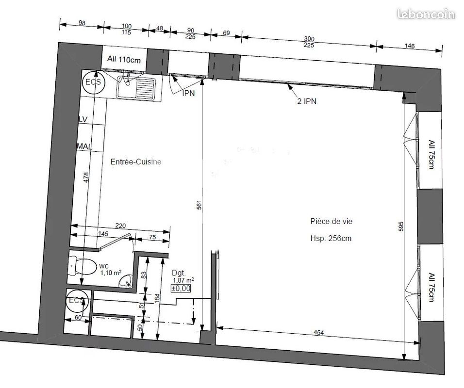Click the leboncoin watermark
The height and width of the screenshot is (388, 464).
(426, 14)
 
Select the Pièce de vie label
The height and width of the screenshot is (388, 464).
(331, 221)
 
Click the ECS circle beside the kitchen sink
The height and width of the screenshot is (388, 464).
(93, 82)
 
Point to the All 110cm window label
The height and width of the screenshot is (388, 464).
(124, 60)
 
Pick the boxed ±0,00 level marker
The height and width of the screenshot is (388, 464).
(181, 289)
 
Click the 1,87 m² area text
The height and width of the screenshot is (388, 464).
(183, 280)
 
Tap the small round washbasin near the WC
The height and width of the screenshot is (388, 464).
(127, 282)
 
